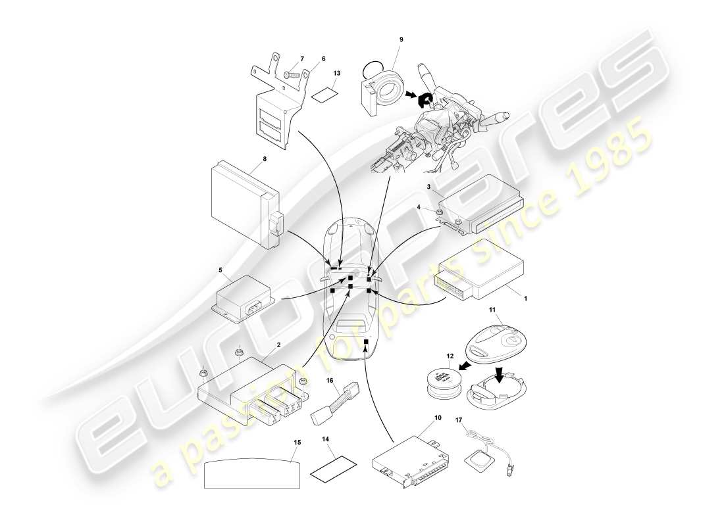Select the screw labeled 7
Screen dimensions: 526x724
click(x=292, y=76)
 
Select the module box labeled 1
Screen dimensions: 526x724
click(x=484, y=273)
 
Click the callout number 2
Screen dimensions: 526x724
click(x=279, y=345)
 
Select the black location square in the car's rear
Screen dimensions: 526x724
click(x=365, y=342)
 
